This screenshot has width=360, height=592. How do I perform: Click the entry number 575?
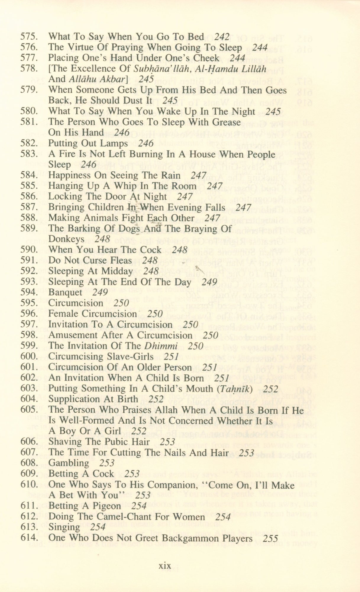point(29,37)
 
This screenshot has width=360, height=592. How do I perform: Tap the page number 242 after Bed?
point(222,37)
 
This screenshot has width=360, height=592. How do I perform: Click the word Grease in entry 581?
point(224,122)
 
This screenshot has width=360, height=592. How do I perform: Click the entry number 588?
point(29,218)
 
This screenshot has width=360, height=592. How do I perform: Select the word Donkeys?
point(66,239)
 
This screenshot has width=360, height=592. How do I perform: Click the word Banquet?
point(65,292)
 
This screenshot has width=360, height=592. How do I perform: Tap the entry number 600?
point(29,356)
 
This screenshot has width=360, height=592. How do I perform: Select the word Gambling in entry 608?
point(68,463)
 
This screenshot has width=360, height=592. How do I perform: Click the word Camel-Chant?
point(131,517)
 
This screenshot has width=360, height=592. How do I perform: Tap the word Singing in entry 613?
point(64,527)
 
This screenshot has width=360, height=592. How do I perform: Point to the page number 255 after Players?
point(270,538)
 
